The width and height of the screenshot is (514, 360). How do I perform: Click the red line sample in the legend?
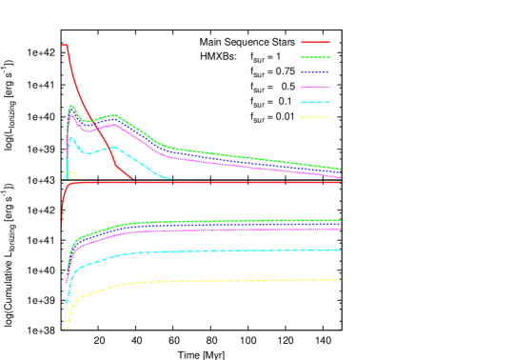(315, 42)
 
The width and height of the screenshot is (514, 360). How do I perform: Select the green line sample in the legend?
(315, 57)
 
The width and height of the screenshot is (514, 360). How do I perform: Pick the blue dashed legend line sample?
(315, 72)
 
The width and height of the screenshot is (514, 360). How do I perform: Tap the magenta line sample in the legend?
(315, 87)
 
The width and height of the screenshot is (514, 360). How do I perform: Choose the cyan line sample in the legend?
(315, 102)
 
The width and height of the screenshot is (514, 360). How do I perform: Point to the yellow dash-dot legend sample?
(315, 117)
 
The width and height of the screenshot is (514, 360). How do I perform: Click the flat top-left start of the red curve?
(65, 45)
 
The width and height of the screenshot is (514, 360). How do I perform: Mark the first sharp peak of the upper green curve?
(71, 106)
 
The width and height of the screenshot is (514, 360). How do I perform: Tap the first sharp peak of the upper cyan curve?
(69, 136)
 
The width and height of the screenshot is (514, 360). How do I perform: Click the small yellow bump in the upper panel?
(71, 171)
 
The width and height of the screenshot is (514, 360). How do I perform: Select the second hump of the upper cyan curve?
(113, 147)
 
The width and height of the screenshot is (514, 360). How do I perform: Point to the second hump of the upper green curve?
(113, 115)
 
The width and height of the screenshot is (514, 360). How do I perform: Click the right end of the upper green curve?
(340, 169)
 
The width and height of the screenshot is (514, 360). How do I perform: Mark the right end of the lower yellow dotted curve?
(340, 280)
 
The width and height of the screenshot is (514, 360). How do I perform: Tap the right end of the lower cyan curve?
(340, 250)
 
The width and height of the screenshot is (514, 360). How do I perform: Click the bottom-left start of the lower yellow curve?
(68, 328)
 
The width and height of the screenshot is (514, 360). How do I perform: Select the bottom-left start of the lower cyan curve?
(66, 302)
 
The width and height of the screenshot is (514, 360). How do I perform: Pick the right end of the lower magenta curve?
(340, 229)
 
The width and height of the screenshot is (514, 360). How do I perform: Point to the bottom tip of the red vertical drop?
(62, 229)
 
